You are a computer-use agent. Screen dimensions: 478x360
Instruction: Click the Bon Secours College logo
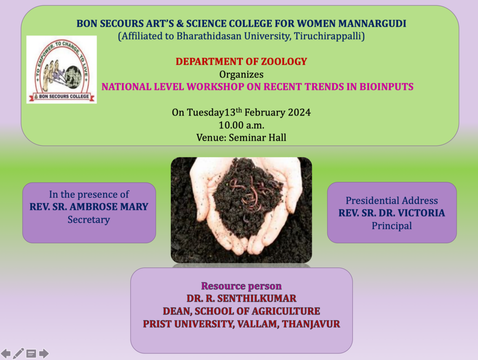click(62, 70)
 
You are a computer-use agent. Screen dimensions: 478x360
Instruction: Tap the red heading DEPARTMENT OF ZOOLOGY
click(241, 62)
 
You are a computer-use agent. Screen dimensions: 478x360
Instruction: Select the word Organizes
click(241, 75)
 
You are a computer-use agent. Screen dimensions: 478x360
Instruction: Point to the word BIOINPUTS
click(386, 87)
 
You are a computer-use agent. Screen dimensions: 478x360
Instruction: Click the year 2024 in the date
click(299, 113)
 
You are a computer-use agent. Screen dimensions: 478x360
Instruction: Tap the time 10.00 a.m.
click(241, 125)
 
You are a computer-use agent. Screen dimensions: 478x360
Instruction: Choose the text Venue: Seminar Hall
click(241, 138)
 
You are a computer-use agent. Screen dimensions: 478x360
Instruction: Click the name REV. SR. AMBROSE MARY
click(89, 207)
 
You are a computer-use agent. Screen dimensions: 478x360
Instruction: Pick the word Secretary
click(89, 219)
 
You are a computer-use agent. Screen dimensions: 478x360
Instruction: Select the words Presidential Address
click(392, 201)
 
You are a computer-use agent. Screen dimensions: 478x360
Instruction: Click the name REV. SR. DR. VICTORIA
click(392, 213)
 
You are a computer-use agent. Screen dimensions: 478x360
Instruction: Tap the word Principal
click(392, 226)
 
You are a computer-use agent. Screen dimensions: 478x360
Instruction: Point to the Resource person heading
click(241, 286)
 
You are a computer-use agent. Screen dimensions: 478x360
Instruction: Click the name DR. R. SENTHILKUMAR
click(241, 298)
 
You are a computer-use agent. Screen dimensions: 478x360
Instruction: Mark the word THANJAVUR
click(311, 324)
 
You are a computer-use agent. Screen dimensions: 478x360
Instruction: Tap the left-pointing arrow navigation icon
click(6, 353)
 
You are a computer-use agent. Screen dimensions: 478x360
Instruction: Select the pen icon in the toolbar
click(18, 353)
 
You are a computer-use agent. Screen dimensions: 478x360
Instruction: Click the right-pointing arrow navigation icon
click(44, 353)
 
